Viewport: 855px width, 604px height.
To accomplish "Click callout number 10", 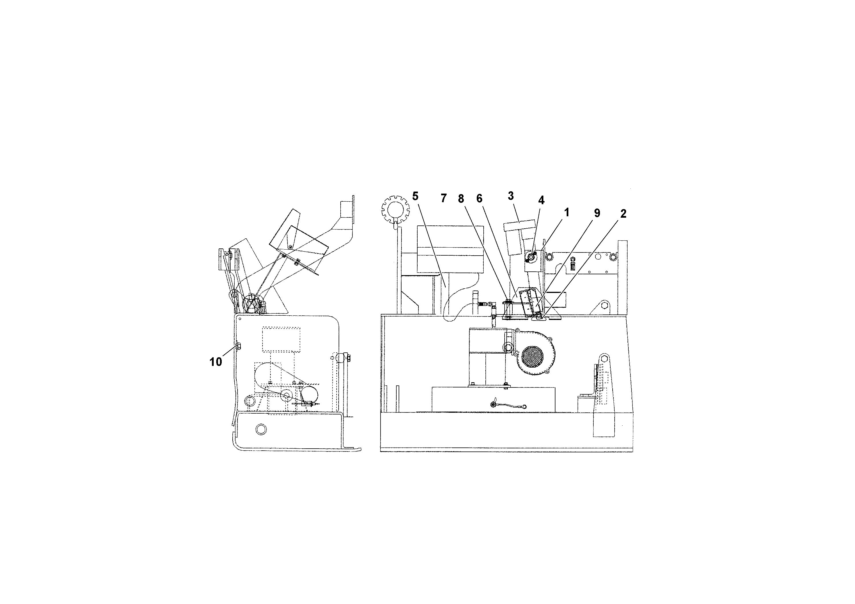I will [216, 362].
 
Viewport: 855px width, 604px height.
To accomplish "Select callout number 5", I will [416, 196].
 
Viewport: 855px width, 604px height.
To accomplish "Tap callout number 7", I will [443, 198].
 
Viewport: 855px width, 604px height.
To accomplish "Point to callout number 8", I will [461, 199].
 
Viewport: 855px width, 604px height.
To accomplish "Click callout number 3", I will [511, 196].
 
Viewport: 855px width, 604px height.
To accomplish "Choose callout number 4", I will [541, 200].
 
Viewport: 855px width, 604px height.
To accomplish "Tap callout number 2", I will [623, 213].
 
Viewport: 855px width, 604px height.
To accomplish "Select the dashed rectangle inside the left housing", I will [281, 339].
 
